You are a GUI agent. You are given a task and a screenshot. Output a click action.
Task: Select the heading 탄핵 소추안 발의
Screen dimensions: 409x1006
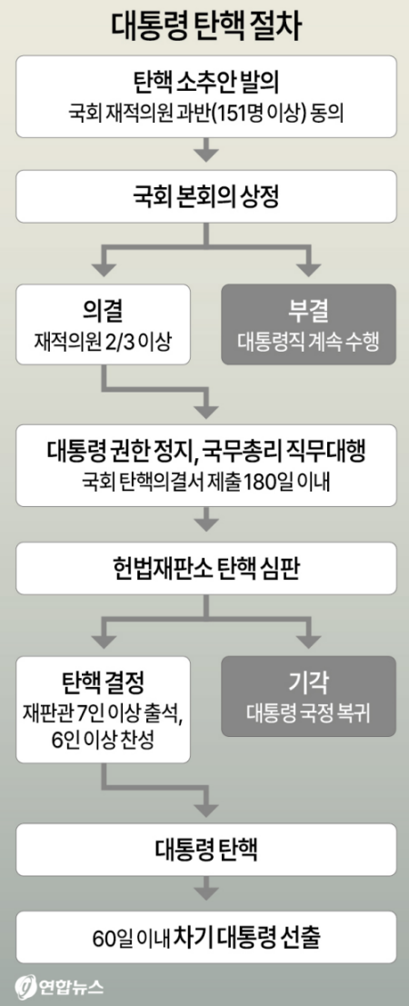204,84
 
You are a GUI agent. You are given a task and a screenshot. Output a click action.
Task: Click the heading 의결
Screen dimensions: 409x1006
103,312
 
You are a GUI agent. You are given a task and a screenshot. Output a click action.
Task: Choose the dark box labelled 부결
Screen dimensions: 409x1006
308,325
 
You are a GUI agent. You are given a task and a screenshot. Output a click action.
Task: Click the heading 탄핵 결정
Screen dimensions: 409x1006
103,682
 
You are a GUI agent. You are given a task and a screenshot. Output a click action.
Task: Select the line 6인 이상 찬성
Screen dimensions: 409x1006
103,739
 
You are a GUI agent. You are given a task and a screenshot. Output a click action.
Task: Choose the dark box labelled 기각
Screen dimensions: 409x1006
308,697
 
